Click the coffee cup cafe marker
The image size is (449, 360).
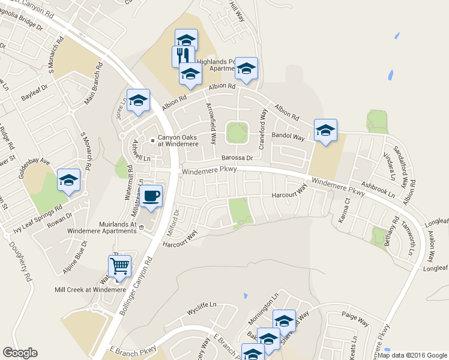151,196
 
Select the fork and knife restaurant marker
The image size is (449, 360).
181,56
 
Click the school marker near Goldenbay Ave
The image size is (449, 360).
68,180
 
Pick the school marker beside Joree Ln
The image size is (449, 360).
138,100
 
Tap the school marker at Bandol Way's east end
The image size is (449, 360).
325,130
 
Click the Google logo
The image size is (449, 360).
20,353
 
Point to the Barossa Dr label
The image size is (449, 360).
236,158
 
